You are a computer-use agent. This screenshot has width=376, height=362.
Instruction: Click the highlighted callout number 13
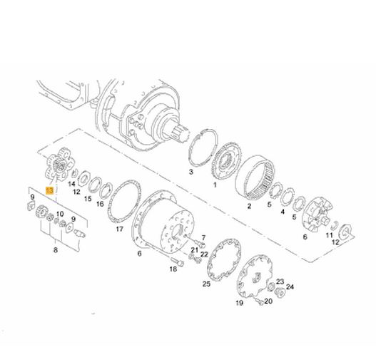pos(50,191)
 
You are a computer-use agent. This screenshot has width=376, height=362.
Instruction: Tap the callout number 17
pos(119,229)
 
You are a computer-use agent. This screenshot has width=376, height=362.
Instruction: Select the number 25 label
pos(206,284)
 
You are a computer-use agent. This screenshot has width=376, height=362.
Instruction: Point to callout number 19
pos(239,303)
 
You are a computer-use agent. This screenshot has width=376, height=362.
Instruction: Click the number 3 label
pos(191,172)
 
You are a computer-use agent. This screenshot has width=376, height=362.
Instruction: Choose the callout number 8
pos(56,250)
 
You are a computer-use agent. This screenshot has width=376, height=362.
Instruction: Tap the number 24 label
pos(290,286)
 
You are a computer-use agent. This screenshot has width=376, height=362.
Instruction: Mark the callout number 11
pos(329,235)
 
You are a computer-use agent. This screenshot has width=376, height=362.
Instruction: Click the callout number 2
pos(249,206)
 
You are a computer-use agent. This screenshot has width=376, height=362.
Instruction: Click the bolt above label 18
pos(177,262)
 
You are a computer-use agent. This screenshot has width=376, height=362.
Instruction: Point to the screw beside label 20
pos(259,301)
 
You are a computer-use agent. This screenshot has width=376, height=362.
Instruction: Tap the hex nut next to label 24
pos(280,292)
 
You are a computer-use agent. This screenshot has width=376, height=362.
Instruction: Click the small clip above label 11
pos(335,225)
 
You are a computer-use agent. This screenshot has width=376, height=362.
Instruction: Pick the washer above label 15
pos(94,185)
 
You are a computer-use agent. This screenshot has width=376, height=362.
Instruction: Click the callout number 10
pos(60,214)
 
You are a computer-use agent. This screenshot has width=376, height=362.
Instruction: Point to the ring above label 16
pos(106,191)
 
